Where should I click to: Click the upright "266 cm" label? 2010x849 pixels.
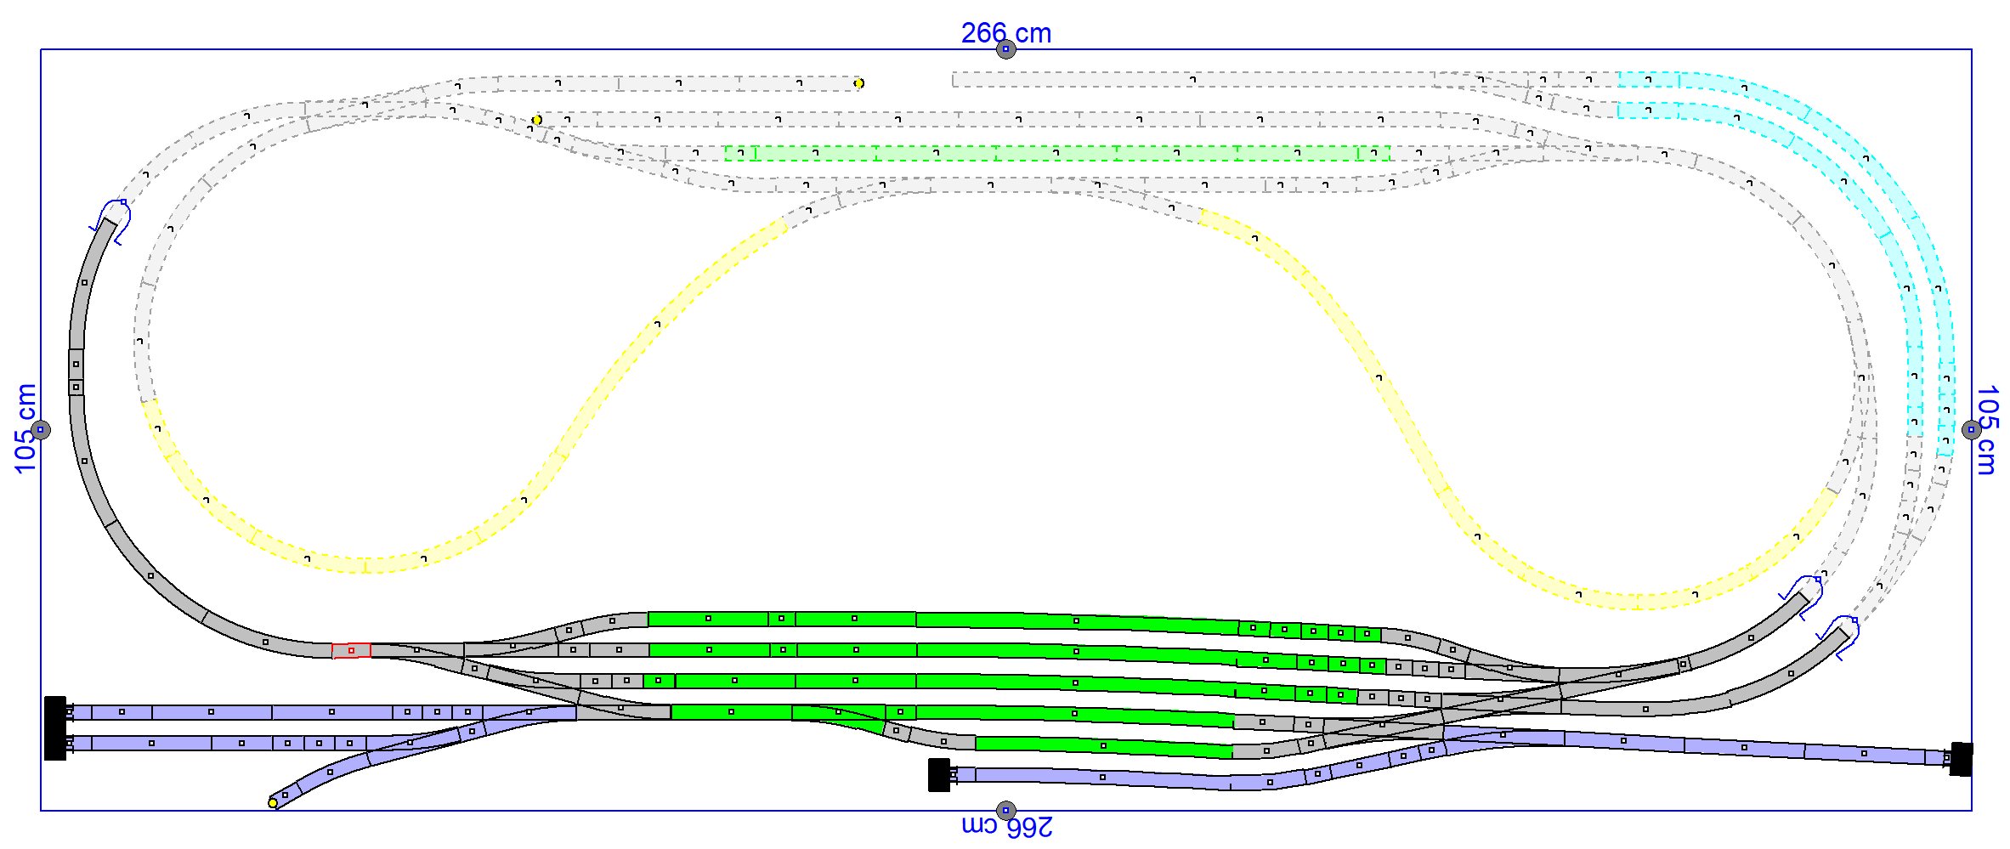tap(1006, 33)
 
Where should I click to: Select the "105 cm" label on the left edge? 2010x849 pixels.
tap(26, 428)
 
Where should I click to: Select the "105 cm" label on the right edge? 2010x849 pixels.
tap(1986, 430)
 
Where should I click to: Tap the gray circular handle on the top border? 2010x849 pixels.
tap(1005, 49)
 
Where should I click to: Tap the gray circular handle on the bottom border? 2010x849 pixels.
tap(1005, 811)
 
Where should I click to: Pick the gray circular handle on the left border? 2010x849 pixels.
tap(41, 430)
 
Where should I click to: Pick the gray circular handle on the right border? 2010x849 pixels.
tap(1972, 430)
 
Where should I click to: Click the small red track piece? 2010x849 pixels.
tap(351, 650)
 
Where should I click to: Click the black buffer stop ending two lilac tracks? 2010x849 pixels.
tap(55, 728)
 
